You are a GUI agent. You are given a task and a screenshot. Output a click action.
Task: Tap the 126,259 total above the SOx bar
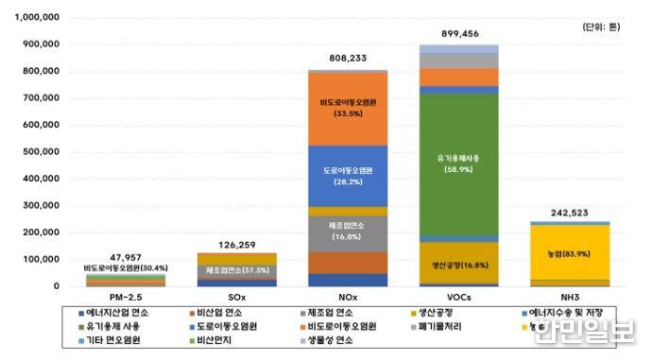(x=223, y=241)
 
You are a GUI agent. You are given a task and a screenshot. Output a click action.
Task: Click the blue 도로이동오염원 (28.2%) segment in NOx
(x=335, y=176)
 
